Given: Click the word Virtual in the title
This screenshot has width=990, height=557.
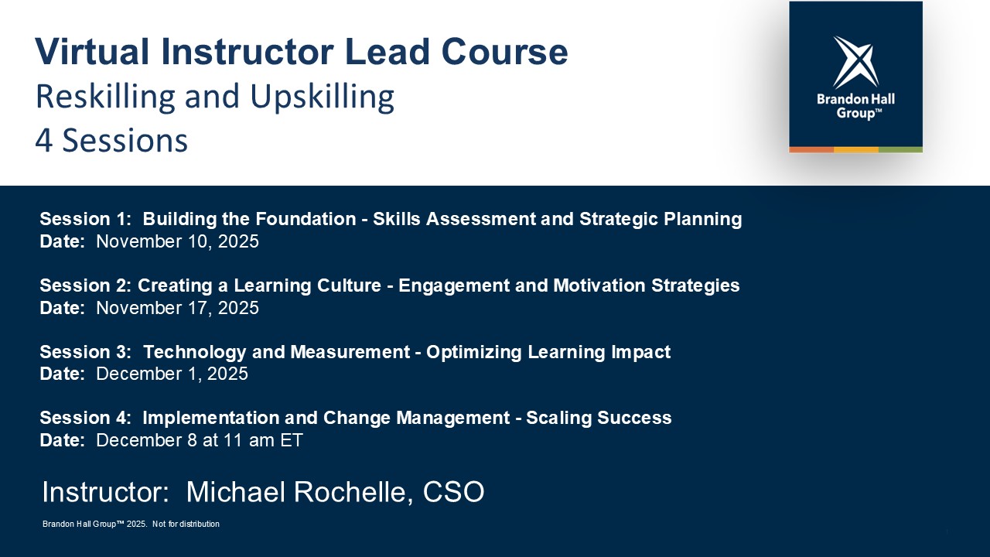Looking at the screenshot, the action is (92, 52).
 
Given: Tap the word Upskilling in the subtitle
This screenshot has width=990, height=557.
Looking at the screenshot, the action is (323, 97).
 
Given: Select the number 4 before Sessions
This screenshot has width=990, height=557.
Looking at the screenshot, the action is (44, 141).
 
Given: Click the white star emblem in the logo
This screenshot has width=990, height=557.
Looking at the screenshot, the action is (855, 62).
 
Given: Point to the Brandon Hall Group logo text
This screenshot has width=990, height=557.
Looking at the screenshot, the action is (855, 106).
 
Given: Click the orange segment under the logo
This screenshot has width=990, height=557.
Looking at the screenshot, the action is (811, 150).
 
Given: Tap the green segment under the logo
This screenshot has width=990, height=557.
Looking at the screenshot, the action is (900, 150).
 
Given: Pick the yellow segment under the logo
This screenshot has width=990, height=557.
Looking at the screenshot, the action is (856, 150).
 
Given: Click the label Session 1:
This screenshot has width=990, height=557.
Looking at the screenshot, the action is (86, 219).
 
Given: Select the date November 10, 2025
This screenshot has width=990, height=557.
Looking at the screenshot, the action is (177, 241).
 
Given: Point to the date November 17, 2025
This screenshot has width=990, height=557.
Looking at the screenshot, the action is (177, 308).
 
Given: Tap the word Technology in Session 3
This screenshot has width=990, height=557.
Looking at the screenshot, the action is (194, 352).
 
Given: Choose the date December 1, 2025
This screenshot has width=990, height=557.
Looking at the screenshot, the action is (172, 374).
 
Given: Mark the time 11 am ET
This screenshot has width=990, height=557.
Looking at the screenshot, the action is (263, 440).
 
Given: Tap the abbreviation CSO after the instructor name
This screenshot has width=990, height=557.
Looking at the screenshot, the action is (453, 491).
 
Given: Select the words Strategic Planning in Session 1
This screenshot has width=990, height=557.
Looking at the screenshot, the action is (661, 219).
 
